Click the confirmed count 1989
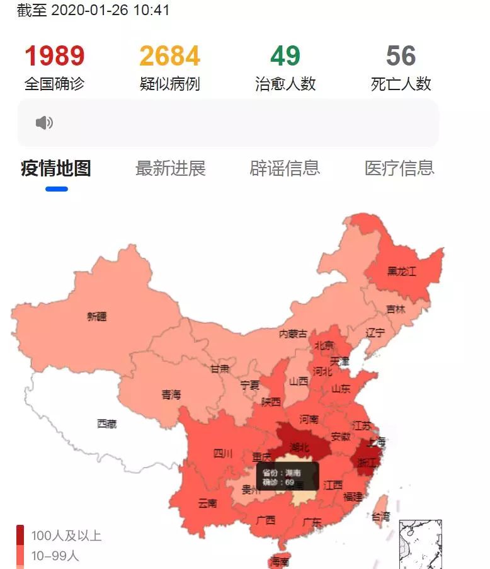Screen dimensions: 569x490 click(x=54, y=56)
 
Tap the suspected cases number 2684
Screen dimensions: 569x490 click(x=170, y=56)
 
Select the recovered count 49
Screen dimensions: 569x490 click(x=285, y=56)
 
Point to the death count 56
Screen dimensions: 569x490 click(x=401, y=56)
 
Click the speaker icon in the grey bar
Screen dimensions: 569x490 click(x=44, y=123)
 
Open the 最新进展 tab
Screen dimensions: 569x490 click(x=170, y=168)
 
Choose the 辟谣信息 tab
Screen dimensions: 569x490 click(x=285, y=168)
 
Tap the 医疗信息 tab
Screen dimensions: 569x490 click(x=399, y=168)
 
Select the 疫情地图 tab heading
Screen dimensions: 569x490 click(x=56, y=168)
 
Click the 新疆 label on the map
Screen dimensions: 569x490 click(x=97, y=317)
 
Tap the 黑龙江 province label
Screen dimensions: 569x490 click(x=402, y=272)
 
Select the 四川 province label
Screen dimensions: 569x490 click(x=223, y=453)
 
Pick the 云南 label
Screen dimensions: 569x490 click(x=207, y=503)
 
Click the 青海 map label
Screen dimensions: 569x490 click(x=171, y=395)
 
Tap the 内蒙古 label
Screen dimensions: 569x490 click(x=293, y=333)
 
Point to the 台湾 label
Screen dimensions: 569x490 click(x=380, y=516)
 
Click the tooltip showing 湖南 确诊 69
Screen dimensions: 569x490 click(x=287, y=477)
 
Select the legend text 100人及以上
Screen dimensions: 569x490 click(x=66, y=536)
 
